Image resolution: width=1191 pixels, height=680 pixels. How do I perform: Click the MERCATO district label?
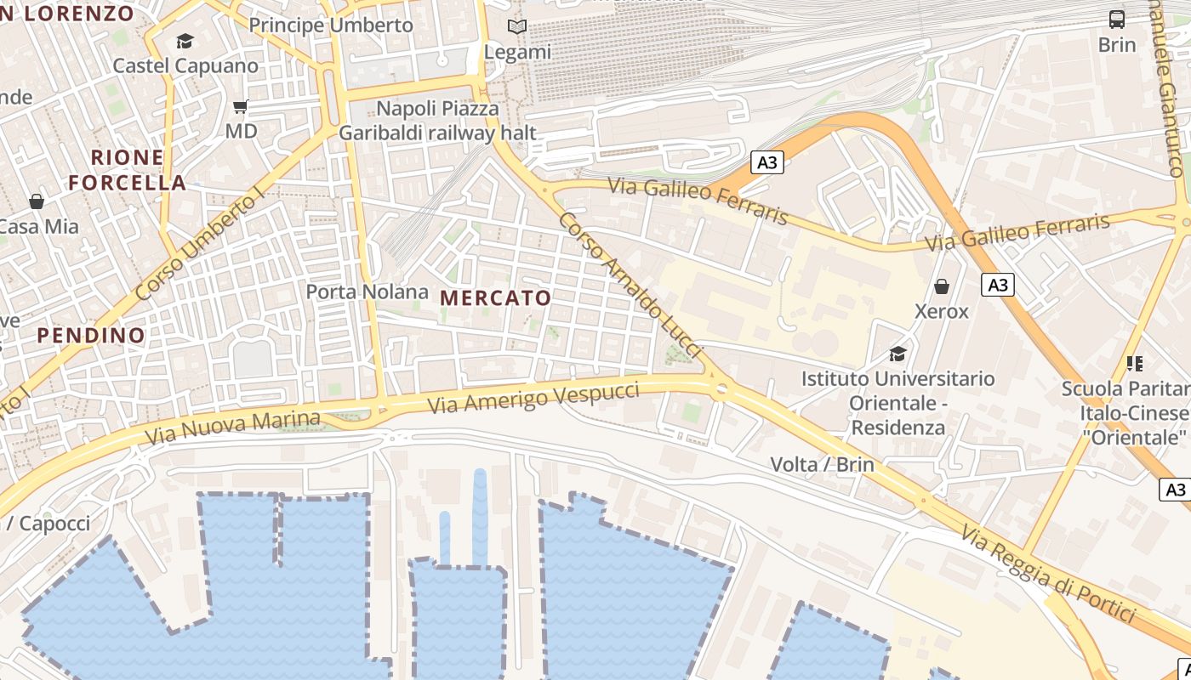click(496, 298)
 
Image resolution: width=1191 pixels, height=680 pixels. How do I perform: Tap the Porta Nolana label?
click(367, 292)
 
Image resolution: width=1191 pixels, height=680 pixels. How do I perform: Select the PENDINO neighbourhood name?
click(91, 335)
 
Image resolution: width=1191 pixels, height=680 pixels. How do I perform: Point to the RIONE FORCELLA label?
click(127, 170)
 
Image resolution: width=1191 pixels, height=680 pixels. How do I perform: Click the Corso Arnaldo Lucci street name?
click(630, 284)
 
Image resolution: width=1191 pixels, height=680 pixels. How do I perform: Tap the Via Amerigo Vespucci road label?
click(533, 398)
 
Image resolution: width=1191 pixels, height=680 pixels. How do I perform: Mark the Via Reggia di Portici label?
click(1048, 574)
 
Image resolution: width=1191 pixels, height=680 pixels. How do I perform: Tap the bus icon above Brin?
click(1116, 19)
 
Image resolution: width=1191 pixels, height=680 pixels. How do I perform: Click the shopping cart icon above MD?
click(241, 106)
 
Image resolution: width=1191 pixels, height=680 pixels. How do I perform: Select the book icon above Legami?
click(517, 27)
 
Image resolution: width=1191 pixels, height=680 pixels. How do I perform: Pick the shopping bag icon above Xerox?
click(942, 286)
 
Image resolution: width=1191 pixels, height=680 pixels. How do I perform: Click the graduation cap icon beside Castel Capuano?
click(185, 41)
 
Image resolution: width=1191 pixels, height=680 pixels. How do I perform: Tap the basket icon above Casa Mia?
click(37, 201)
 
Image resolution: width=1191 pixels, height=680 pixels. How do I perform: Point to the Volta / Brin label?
click(821, 464)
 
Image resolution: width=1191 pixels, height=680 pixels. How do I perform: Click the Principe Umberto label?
click(331, 25)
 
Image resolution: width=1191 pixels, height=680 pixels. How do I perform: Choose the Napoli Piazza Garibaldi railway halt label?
click(437, 121)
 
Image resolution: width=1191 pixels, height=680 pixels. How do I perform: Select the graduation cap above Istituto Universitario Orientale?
click(898, 354)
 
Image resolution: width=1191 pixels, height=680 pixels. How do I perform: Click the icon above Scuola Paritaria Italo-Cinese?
click(1134, 364)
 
